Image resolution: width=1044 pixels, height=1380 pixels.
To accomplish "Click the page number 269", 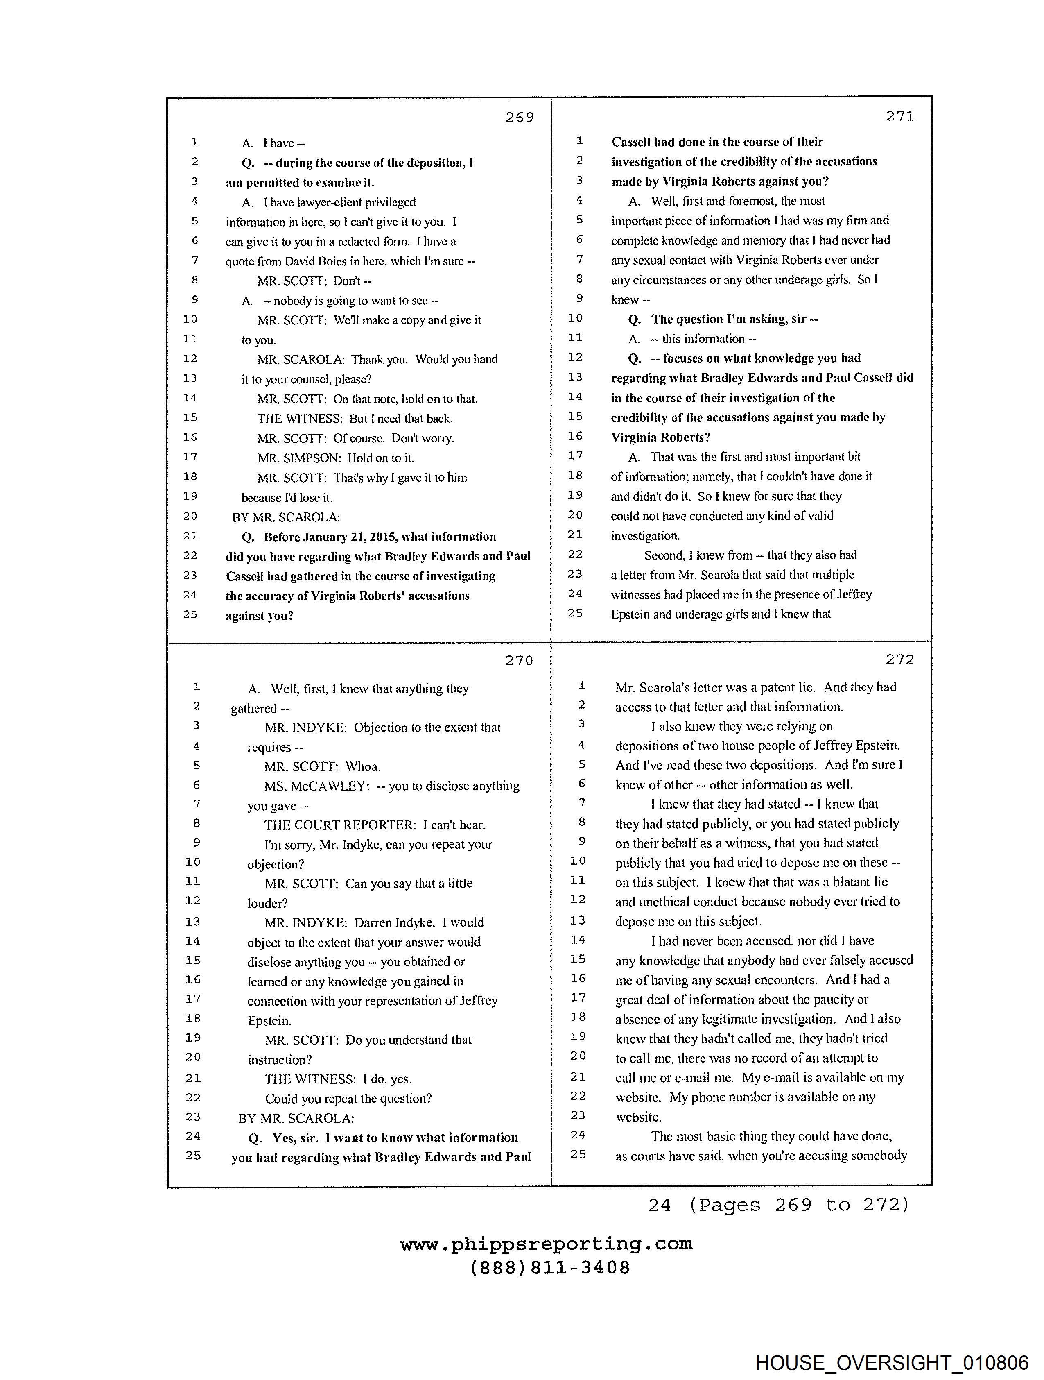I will click(x=520, y=117).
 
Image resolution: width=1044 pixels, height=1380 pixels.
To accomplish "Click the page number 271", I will click(x=900, y=116).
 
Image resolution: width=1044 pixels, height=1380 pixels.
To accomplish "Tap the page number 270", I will click(x=519, y=661).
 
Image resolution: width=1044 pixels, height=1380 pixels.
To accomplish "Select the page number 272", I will click(x=899, y=659).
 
